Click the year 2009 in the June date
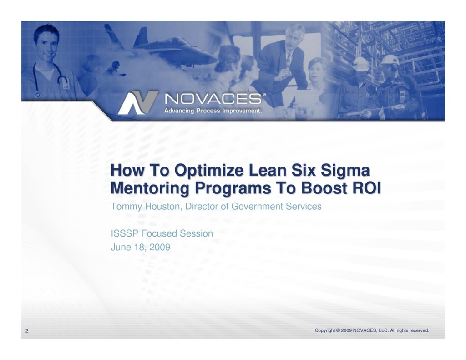tap(161, 248)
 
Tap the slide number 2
tap(27, 331)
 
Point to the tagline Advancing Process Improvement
tap(213, 111)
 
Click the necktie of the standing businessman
tap(288, 59)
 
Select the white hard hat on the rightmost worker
tap(390, 60)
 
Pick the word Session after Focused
tap(196, 234)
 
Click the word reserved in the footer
tap(419, 330)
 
